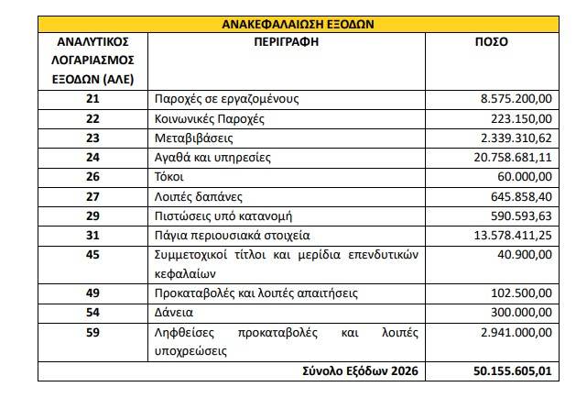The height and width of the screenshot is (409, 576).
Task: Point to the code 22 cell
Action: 91,118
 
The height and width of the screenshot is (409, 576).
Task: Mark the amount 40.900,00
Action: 522,253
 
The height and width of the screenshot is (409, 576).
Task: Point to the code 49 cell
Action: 91,293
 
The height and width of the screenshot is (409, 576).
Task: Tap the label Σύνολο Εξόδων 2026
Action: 354,370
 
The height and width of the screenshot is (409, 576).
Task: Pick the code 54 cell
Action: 91,312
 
